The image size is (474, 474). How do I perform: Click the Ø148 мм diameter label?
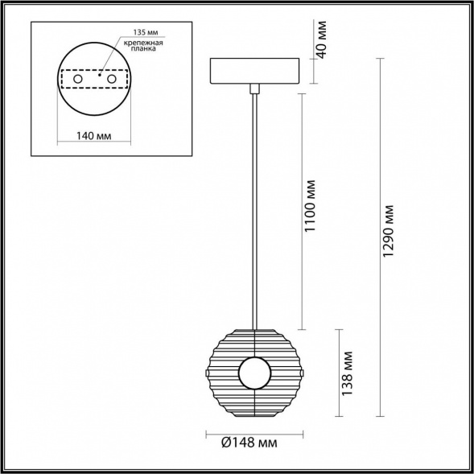[250, 442]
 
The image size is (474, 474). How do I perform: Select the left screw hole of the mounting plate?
[79, 80]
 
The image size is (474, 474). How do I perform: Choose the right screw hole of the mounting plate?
[111, 80]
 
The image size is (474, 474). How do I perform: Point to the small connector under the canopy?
[254, 88]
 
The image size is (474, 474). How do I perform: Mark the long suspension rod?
[254, 209]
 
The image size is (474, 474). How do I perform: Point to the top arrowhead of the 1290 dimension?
[380, 60]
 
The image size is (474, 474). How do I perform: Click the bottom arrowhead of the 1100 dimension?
[302, 328]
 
